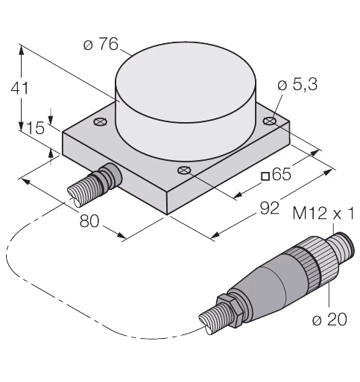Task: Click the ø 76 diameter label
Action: pyautogui.click(x=101, y=45)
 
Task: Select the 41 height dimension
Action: pyautogui.click(x=20, y=88)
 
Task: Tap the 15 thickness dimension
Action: pyautogui.click(x=35, y=128)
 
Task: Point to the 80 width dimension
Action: pyautogui.click(x=89, y=221)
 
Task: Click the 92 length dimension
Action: pyautogui.click(x=270, y=208)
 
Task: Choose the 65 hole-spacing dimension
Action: pyautogui.click(x=282, y=174)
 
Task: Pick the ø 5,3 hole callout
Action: pyautogui.click(x=297, y=85)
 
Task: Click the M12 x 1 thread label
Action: pyautogui.click(x=323, y=213)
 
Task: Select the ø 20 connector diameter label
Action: pyautogui.click(x=329, y=319)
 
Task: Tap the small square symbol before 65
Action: pyautogui.click(x=265, y=176)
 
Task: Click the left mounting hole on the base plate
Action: pyautogui.click(x=101, y=121)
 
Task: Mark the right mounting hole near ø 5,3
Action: pyautogui.click(x=270, y=121)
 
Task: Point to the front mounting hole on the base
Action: pyautogui.click(x=184, y=171)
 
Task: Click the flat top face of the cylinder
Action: pyautogui.click(x=186, y=82)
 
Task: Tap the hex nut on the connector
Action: pyautogui.click(x=227, y=311)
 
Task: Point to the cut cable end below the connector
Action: pyautogui.click(x=208, y=322)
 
